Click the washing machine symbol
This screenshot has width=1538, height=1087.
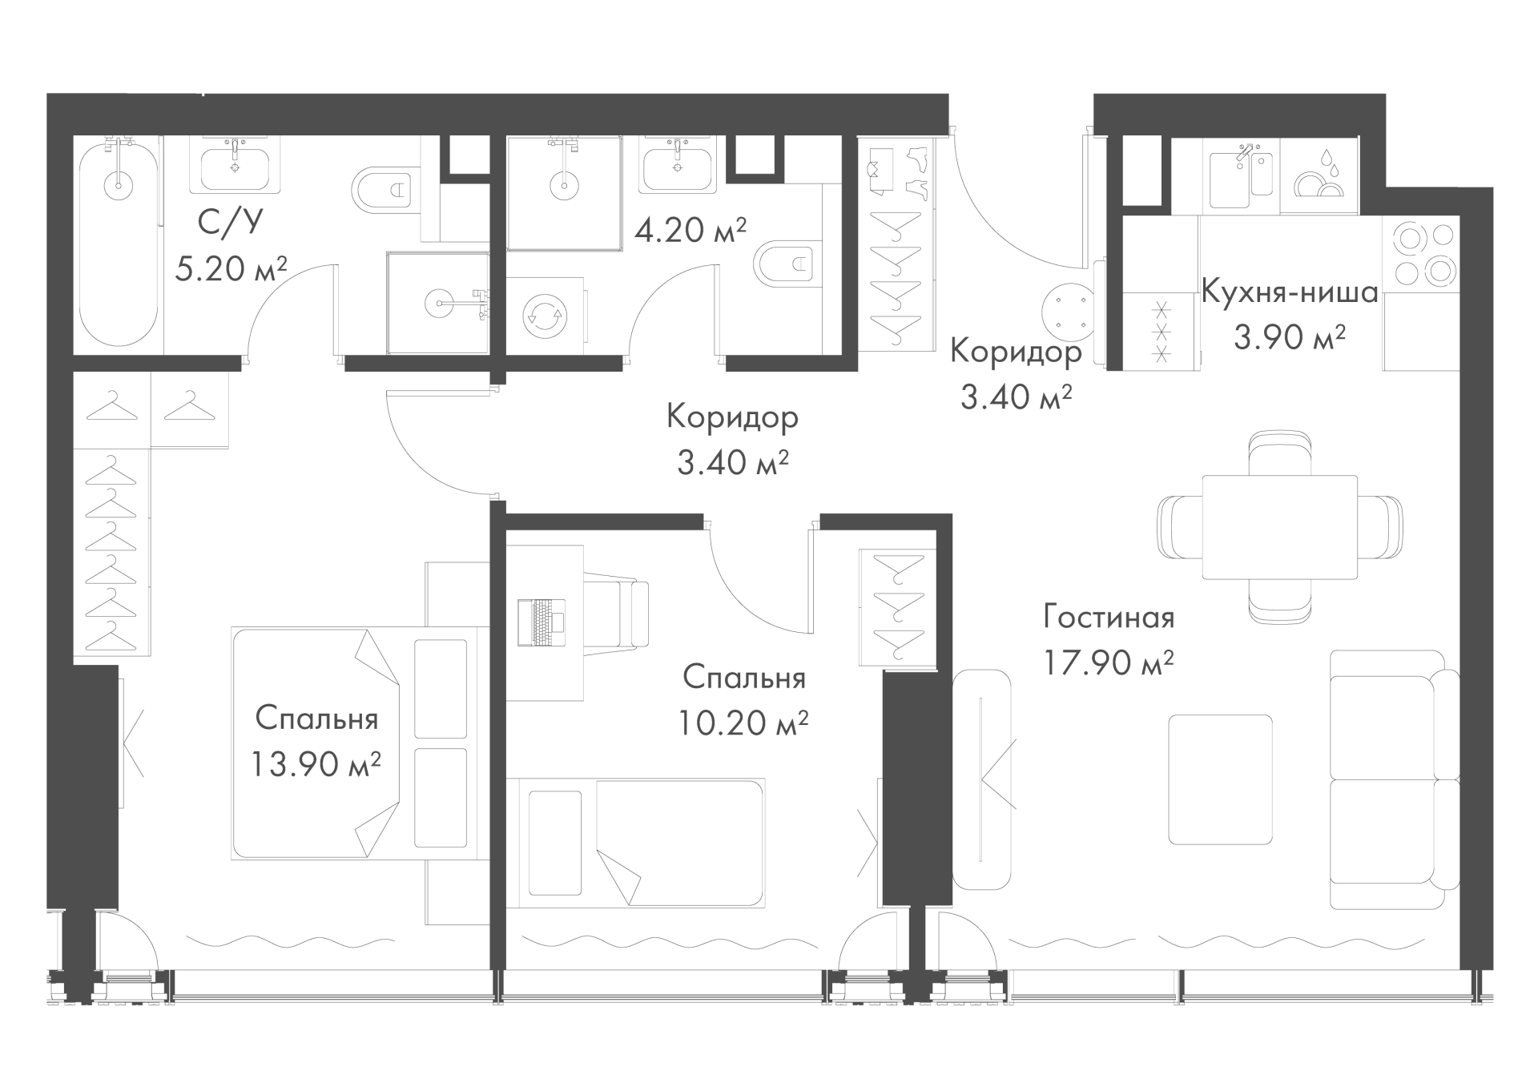[x=545, y=315]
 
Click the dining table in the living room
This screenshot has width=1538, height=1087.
[x=1280, y=527]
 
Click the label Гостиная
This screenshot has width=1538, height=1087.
[x=1109, y=618]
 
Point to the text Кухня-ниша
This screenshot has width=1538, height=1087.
[x=1290, y=292]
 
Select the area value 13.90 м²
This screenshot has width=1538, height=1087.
[x=315, y=764]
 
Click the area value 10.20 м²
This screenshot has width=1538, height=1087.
[x=743, y=723]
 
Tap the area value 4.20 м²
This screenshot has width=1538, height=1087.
[x=690, y=230]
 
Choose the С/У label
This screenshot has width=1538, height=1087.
[x=230, y=222]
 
